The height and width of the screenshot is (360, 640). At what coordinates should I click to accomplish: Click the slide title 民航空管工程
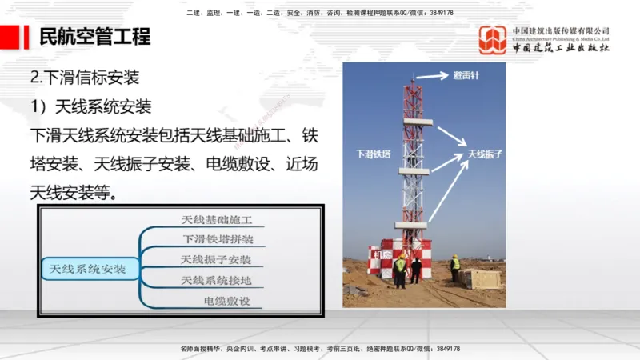click(x=94, y=37)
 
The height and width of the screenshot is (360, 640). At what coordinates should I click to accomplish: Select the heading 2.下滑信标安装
click(x=85, y=78)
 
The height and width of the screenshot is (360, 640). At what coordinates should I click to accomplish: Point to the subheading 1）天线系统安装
click(x=90, y=106)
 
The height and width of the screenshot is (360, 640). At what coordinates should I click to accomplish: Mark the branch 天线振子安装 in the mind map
click(x=216, y=260)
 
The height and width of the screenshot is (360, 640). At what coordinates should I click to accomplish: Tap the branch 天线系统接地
click(x=216, y=280)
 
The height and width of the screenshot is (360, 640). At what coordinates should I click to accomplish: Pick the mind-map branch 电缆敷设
click(x=227, y=301)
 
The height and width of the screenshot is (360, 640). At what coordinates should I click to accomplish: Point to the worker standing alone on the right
click(x=455, y=267)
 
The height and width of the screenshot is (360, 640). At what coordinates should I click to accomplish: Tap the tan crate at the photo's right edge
click(x=479, y=278)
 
